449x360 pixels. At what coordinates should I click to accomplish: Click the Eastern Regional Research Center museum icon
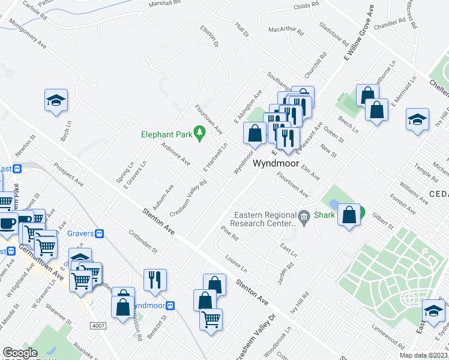pyautogui.click(x=304, y=216)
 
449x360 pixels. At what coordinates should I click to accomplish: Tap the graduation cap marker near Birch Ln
pyautogui.click(x=56, y=100)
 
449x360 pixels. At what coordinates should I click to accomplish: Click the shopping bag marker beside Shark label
pyautogui.click(x=349, y=214)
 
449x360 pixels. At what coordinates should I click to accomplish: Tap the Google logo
pyautogui.click(x=20, y=353)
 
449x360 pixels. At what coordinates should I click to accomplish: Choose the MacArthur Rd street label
pyautogui.click(x=284, y=28)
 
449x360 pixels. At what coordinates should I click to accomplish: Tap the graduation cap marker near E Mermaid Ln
pyautogui.click(x=417, y=119)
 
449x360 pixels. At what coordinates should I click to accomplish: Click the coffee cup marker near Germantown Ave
pyautogui.click(x=8, y=223)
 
